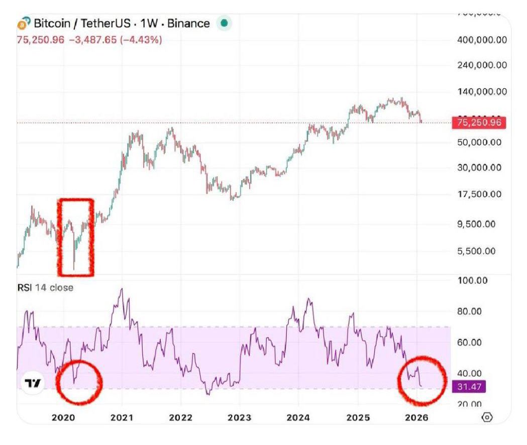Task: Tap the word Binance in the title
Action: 188,23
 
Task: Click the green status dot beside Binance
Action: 224,23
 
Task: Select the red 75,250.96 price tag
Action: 479,122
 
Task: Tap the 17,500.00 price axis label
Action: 480,194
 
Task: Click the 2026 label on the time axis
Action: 416,417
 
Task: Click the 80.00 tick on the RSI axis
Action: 469,311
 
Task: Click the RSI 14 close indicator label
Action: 45,288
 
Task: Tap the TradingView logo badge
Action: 33,383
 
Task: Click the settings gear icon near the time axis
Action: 486,417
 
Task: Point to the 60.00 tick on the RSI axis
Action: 469,343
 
